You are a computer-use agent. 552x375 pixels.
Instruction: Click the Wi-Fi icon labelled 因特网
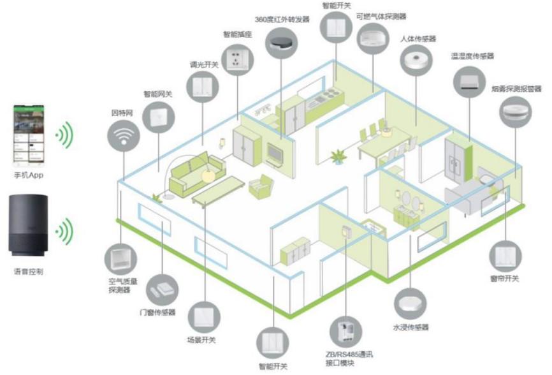(x=125, y=136)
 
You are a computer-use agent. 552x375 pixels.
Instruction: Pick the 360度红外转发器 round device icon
(x=281, y=43)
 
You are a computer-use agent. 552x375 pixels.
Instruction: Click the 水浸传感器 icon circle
(x=410, y=305)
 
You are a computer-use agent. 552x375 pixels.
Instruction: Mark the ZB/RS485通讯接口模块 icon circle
(x=347, y=330)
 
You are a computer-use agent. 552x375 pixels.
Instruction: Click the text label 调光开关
(x=204, y=64)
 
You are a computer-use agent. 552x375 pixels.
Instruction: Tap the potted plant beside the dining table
(x=338, y=156)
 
